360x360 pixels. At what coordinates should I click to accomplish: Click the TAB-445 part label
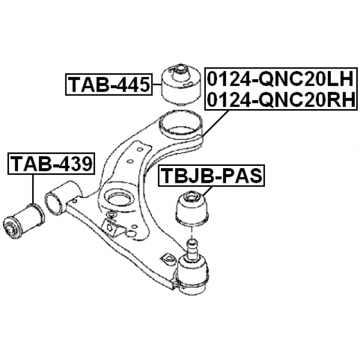109,84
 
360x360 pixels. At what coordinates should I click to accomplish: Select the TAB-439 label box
51,164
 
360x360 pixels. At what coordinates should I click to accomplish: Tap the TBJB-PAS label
211,175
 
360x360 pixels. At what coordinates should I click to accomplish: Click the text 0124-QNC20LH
280,79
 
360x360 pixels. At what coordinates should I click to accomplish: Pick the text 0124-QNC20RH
281,100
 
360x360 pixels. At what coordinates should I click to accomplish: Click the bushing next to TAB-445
182,85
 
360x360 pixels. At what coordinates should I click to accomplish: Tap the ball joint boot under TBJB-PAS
192,208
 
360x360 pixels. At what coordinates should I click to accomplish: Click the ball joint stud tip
192,242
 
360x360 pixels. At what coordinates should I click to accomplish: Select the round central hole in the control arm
119,198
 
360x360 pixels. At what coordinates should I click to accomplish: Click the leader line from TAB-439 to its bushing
33,189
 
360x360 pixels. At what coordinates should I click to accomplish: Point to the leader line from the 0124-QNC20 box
215,124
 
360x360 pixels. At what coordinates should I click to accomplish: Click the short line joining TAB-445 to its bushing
157,85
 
